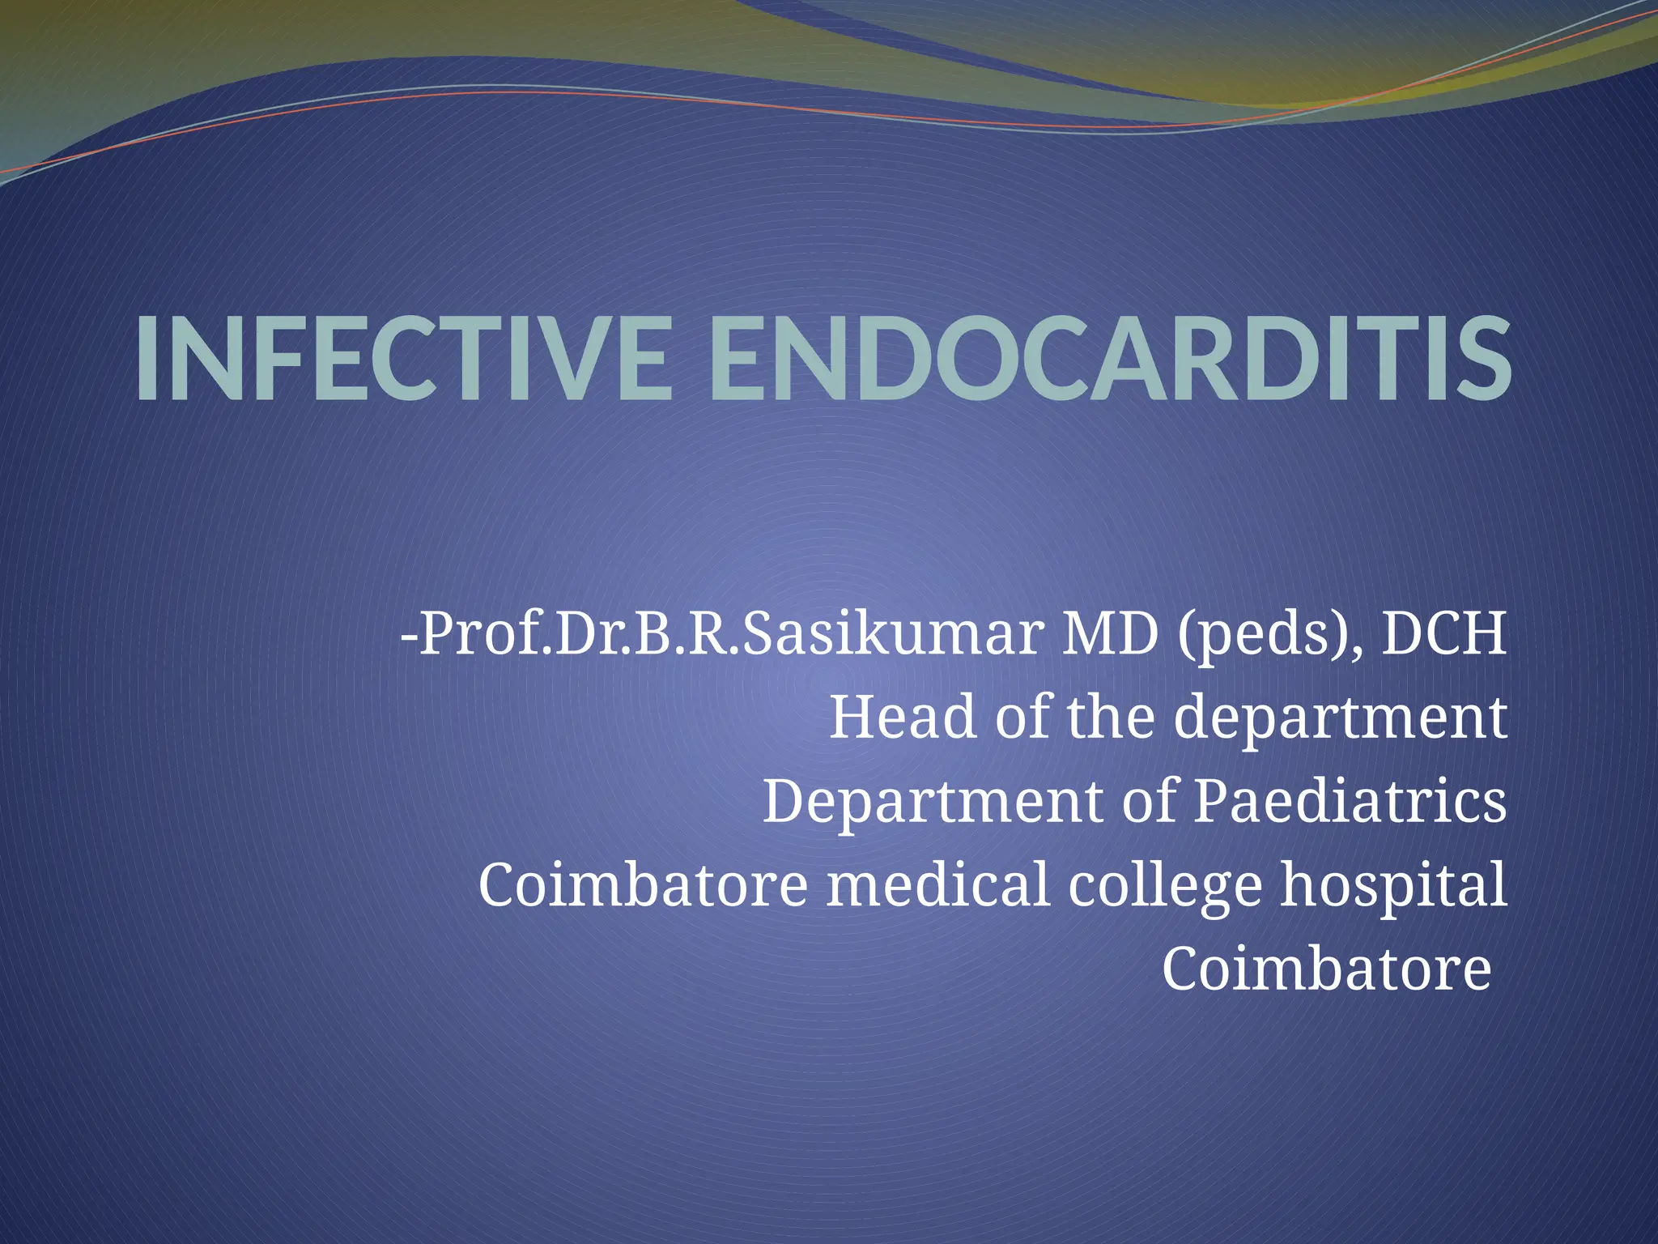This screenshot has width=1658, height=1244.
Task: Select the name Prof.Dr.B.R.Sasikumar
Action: point(733,633)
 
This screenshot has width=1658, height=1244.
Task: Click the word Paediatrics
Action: point(1350,802)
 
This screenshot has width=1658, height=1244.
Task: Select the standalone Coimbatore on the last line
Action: point(1326,969)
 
